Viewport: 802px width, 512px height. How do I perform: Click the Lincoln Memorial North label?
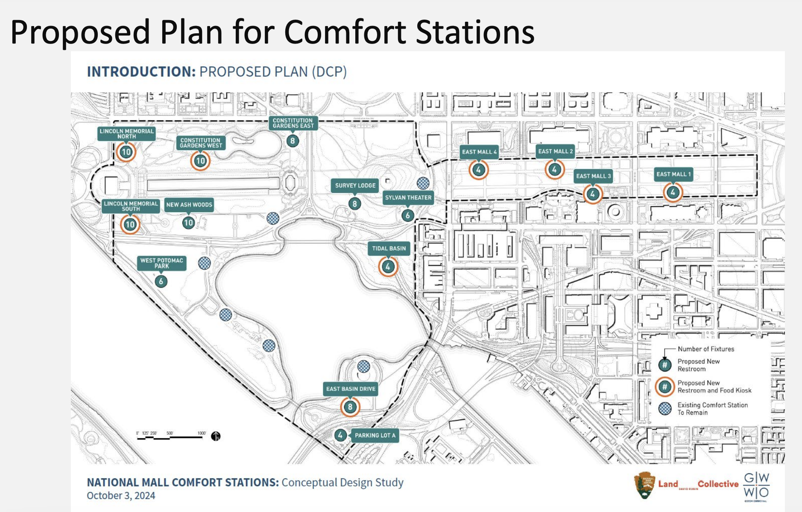coord(126,134)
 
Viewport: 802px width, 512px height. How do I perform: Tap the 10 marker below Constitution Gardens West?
coord(200,161)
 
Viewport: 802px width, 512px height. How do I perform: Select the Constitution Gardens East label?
coord(293,123)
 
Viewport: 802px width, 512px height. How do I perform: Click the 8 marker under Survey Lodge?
coord(354,204)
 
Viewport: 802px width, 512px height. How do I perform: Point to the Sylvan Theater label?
coord(408,198)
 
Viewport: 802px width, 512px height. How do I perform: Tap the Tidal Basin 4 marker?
coord(388,267)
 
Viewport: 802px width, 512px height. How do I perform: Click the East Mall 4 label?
coord(479,152)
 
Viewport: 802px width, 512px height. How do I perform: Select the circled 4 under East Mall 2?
coord(554,170)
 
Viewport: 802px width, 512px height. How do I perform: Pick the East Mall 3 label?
coord(593,176)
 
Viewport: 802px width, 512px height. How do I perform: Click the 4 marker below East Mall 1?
coord(673,192)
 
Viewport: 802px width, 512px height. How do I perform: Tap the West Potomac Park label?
coord(161,263)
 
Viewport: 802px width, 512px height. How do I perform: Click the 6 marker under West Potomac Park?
coord(161,281)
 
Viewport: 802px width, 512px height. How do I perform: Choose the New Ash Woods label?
coord(189,205)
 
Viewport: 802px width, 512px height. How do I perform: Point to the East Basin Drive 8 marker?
coord(350,407)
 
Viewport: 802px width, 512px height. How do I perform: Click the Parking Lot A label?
coord(375,435)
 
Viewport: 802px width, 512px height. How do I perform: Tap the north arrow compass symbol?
coord(216,436)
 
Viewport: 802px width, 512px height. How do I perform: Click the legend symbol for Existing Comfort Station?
coord(665,408)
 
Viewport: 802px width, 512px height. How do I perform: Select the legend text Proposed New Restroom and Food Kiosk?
coord(714,387)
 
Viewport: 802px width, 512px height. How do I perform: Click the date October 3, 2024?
coord(121,496)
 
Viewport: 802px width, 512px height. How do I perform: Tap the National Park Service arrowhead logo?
coord(644,485)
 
